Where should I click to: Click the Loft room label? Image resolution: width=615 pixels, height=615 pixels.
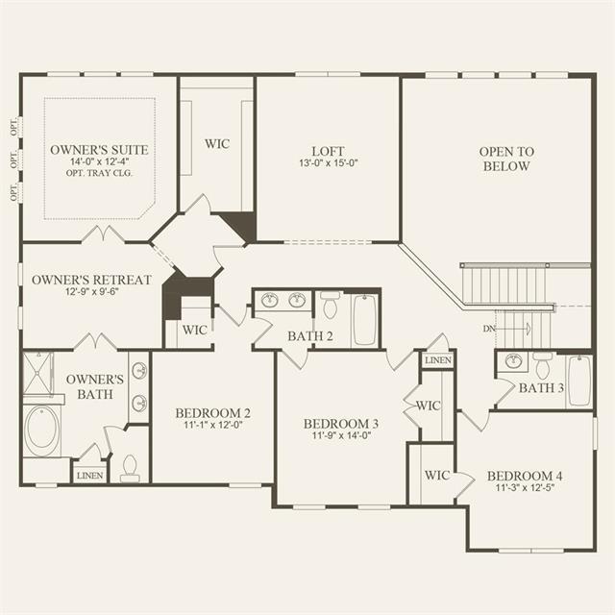328,151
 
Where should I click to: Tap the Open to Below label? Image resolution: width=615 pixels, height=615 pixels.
506,159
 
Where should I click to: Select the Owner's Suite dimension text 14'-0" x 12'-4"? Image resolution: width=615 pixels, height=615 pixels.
100,161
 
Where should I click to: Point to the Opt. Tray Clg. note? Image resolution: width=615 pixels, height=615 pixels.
99,173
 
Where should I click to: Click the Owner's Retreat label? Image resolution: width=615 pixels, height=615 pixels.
91,280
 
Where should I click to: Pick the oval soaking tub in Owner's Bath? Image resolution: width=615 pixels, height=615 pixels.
41,431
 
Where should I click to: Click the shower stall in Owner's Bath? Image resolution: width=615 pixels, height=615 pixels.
37,373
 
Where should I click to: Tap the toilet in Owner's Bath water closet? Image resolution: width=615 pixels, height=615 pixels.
130,468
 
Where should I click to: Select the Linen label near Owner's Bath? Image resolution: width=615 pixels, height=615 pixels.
89,476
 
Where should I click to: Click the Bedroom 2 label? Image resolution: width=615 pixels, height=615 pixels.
212,413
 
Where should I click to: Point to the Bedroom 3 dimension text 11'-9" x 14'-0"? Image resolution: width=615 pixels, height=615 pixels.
341,435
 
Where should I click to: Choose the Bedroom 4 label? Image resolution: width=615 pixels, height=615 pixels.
525,476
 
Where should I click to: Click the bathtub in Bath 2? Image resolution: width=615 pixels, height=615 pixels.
365,320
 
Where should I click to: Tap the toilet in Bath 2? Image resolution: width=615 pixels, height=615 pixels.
330,305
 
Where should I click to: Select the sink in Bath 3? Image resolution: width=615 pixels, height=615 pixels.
513,361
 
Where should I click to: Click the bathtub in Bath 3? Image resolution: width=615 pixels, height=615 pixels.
579,381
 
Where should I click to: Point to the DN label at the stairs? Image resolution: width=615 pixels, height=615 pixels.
489,329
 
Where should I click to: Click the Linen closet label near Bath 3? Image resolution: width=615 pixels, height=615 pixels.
438,360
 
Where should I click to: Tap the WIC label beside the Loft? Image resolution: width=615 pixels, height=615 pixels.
217,143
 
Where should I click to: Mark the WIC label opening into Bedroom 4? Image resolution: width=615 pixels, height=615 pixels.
437,476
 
